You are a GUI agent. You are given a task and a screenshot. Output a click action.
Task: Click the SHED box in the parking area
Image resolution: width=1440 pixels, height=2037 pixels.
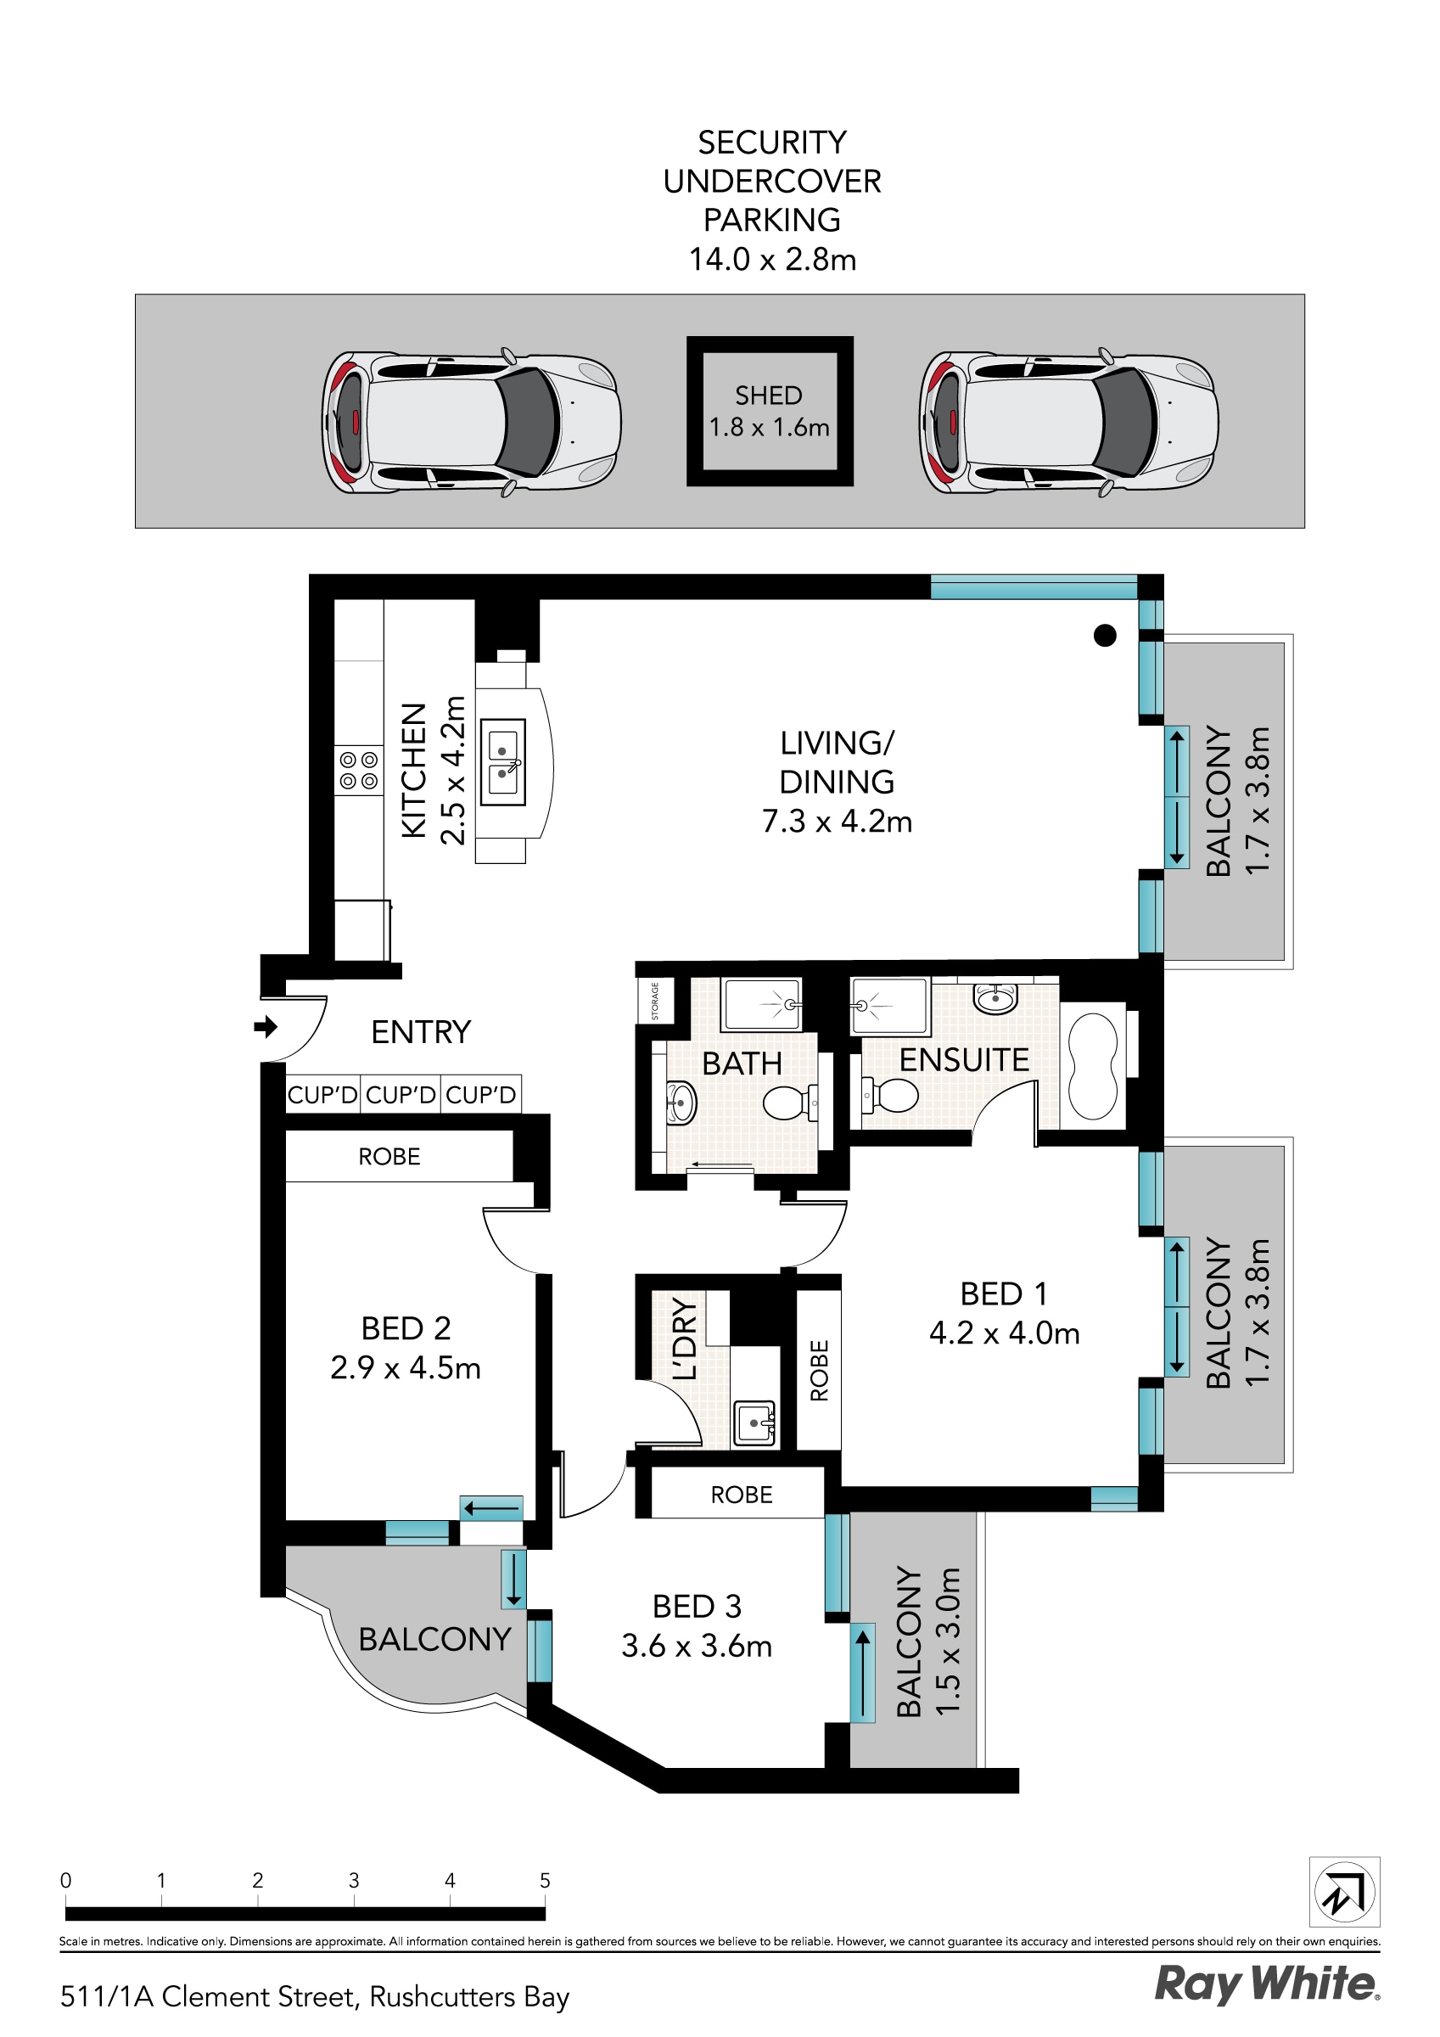click(770, 411)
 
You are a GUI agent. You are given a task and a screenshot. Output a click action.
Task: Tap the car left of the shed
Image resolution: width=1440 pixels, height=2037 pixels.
click(470, 423)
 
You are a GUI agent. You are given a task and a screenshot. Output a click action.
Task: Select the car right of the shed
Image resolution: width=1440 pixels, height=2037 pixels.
click(1068, 423)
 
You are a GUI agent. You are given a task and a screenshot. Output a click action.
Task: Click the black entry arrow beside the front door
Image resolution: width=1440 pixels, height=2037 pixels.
click(266, 1027)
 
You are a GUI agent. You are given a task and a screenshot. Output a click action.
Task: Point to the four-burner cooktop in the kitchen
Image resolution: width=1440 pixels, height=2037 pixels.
click(358, 771)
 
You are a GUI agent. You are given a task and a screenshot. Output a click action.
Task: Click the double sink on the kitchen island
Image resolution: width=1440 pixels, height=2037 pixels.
click(503, 762)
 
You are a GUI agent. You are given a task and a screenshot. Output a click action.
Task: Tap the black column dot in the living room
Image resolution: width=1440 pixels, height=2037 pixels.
click(1105, 635)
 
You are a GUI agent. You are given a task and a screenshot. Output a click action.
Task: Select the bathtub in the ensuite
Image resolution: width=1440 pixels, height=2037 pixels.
click(1092, 1066)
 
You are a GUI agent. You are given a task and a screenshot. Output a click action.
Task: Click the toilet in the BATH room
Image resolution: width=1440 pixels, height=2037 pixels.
click(787, 1104)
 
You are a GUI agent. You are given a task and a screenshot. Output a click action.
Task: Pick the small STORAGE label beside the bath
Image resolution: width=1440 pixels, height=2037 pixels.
click(656, 1001)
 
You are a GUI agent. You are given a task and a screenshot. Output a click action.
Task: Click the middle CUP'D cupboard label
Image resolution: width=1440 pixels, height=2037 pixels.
click(401, 1095)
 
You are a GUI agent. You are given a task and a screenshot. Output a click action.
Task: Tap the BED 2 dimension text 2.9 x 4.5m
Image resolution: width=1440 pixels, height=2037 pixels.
click(406, 1368)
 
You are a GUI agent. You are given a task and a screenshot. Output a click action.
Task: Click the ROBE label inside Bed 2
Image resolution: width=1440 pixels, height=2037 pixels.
click(389, 1157)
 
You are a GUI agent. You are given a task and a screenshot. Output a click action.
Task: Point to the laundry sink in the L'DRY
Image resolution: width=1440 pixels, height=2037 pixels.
click(755, 1423)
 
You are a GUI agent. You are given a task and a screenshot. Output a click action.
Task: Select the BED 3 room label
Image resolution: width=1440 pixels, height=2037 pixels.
click(697, 1607)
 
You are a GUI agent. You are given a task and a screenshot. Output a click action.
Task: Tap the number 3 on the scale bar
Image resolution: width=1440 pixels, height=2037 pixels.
click(353, 1880)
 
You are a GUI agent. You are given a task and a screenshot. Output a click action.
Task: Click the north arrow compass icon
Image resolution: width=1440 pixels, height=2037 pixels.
click(1344, 1892)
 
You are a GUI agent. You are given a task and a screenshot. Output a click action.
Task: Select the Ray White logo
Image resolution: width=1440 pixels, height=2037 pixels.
click(1266, 1984)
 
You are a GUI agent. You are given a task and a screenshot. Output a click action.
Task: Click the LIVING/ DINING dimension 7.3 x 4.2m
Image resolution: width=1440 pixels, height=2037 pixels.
click(837, 822)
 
